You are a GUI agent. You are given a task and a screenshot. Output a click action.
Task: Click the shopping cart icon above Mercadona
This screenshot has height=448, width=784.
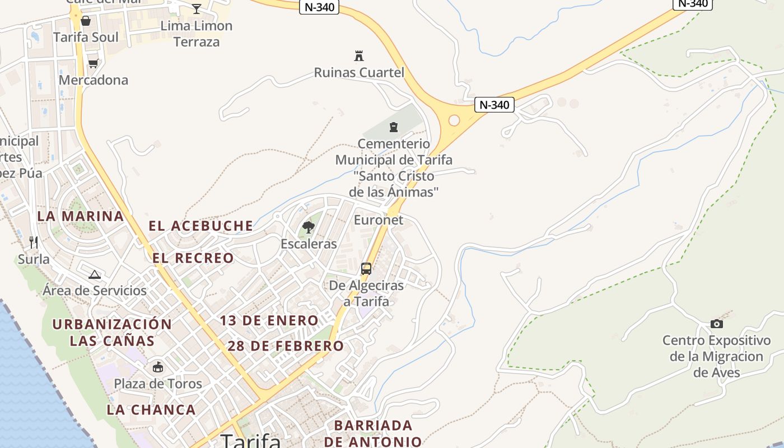click(93, 63)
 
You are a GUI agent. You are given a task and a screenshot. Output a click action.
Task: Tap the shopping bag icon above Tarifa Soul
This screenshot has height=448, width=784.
click(86, 21)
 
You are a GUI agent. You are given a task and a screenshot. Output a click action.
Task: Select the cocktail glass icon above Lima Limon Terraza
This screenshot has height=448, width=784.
click(197, 8)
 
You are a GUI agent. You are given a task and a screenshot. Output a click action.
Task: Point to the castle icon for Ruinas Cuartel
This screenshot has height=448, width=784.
click(359, 55)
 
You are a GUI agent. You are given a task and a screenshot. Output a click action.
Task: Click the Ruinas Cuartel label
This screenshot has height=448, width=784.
click(359, 72)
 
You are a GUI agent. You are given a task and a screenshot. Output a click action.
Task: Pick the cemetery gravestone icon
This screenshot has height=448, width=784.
click(394, 127)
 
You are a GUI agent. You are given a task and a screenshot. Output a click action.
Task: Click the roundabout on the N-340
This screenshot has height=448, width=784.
click(454, 120)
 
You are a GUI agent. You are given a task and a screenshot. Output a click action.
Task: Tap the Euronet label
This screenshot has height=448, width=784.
click(379, 220)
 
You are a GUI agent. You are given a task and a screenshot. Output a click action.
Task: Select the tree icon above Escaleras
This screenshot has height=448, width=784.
click(308, 227)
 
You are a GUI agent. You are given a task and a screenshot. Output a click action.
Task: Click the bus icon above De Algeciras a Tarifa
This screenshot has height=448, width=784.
click(366, 269)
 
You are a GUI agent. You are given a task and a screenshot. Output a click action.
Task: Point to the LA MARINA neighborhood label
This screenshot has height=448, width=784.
click(81, 216)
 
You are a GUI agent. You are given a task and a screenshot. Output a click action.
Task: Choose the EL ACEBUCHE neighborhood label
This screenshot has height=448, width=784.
click(200, 226)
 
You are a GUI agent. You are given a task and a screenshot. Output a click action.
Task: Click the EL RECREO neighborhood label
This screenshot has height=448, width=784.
click(193, 258)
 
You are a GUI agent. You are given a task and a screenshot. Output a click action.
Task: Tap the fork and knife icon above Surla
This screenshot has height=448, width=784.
click(34, 242)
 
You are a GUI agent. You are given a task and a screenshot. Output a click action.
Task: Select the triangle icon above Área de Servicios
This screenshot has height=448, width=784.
click(95, 274)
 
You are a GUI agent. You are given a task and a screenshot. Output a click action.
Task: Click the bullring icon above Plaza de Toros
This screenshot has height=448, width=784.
click(158, 367)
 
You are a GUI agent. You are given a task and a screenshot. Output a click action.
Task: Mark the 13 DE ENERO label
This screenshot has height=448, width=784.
click(269, 321)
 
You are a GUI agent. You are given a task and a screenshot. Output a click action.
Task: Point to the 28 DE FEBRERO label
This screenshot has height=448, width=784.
click(286, 346)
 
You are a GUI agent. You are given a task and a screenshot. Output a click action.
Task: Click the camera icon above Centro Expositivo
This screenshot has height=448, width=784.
click(716, 324)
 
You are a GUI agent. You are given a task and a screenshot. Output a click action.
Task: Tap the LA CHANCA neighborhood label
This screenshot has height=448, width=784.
click(151, 410)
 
